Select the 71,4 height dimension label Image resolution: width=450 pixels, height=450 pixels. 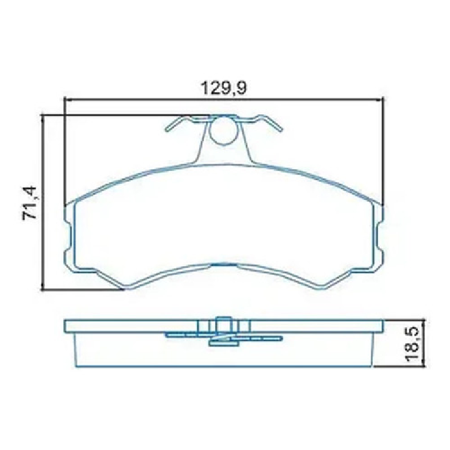pyautogui.click(x=30, y=203)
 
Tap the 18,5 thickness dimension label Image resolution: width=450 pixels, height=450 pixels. pyautogui.click(x=413, y=344)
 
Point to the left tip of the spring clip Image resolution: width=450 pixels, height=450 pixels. pyautogui.click(x=167, y=130)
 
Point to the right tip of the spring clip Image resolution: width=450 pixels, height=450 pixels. pyautogui.click(x=282, y=130)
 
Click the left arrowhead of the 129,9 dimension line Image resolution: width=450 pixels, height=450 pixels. pyautogui.click(x=68, y=100)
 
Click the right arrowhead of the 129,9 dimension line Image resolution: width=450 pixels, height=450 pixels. pyautogui.click(x=380, y=100)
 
